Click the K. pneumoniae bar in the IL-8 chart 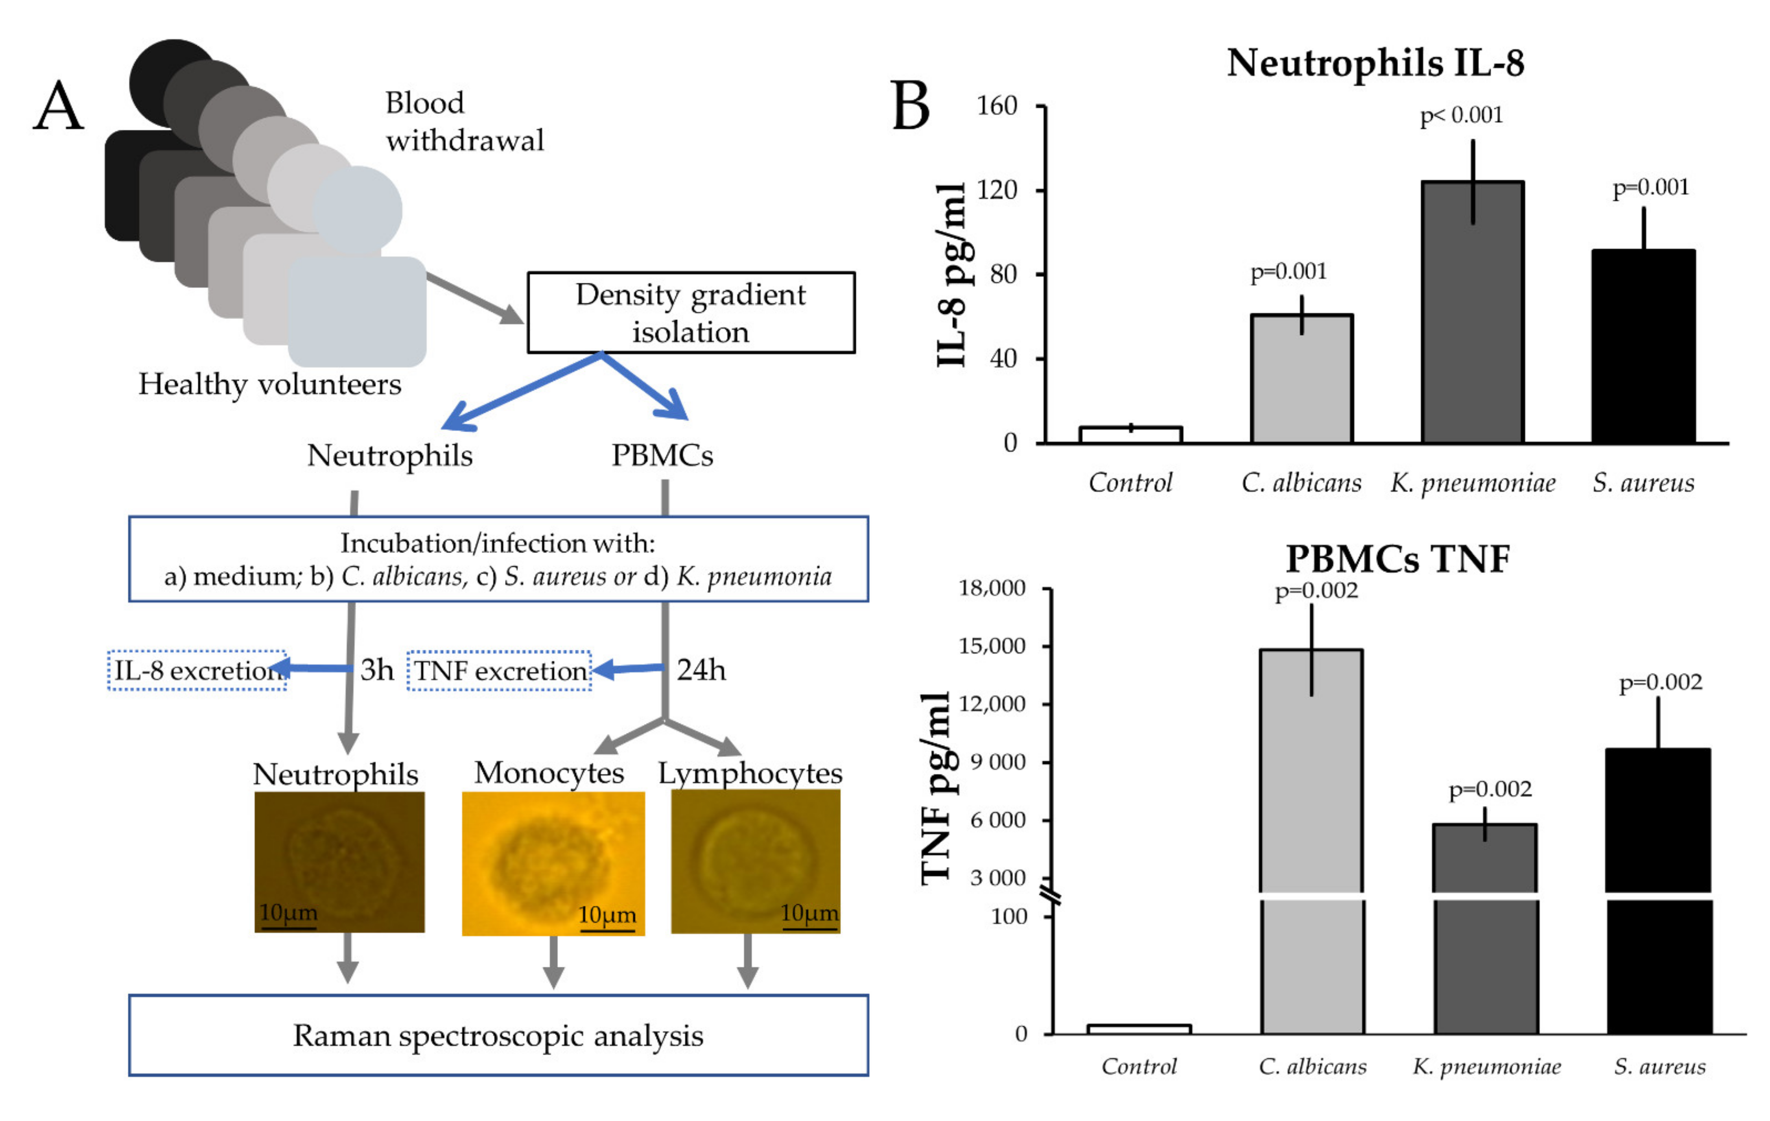pos(1472,312)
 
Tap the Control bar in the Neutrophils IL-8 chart pos(1130,435)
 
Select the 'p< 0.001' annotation pos(1461,116)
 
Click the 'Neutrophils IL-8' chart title pos(1375,63)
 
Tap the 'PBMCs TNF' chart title pos(1397,559)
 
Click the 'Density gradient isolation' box pos(691,312)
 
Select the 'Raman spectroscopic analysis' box pos(498,1036)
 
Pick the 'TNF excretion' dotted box pos(499,671)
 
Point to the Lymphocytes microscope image pos(756,861)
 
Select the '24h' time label pos(701,670)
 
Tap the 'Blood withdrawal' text pos(465,121)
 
